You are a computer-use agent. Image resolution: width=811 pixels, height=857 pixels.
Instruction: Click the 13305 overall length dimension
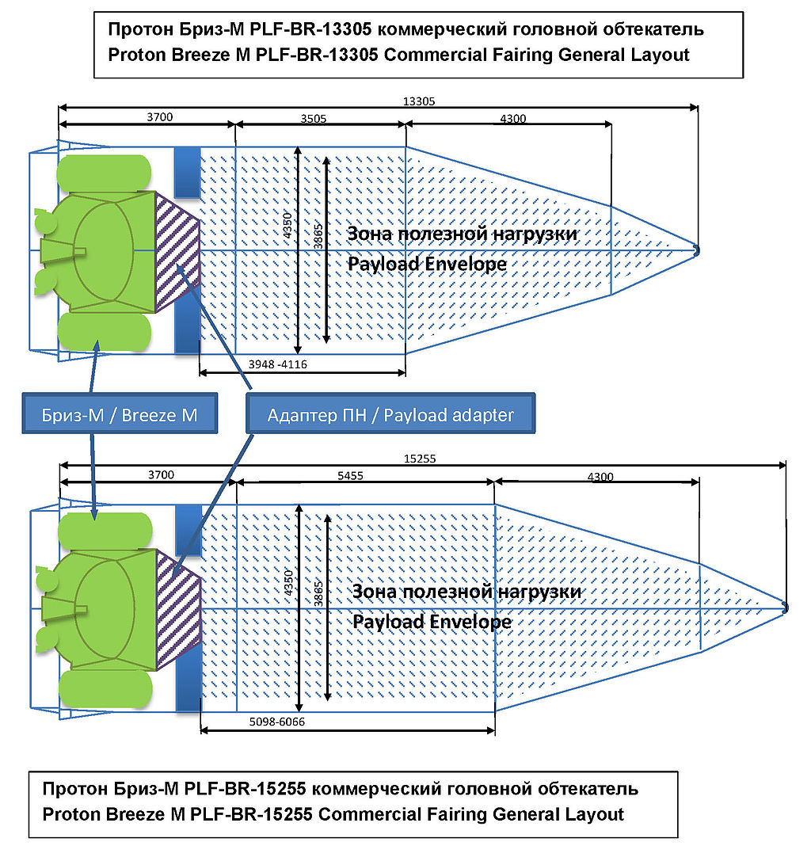419,101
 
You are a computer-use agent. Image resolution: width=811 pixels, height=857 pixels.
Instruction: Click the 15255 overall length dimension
420,459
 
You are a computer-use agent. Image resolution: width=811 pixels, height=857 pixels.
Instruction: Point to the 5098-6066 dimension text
276,722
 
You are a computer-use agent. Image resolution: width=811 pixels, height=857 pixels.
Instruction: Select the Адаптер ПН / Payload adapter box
390,415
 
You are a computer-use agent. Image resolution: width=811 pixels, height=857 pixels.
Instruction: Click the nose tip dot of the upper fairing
696,250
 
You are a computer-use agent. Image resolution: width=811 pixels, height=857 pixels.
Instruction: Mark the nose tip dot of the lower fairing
785,608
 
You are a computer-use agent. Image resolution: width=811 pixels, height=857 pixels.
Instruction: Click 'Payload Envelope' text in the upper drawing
426,263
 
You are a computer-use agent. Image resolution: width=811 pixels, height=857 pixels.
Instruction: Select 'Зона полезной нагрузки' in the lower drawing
466,592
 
